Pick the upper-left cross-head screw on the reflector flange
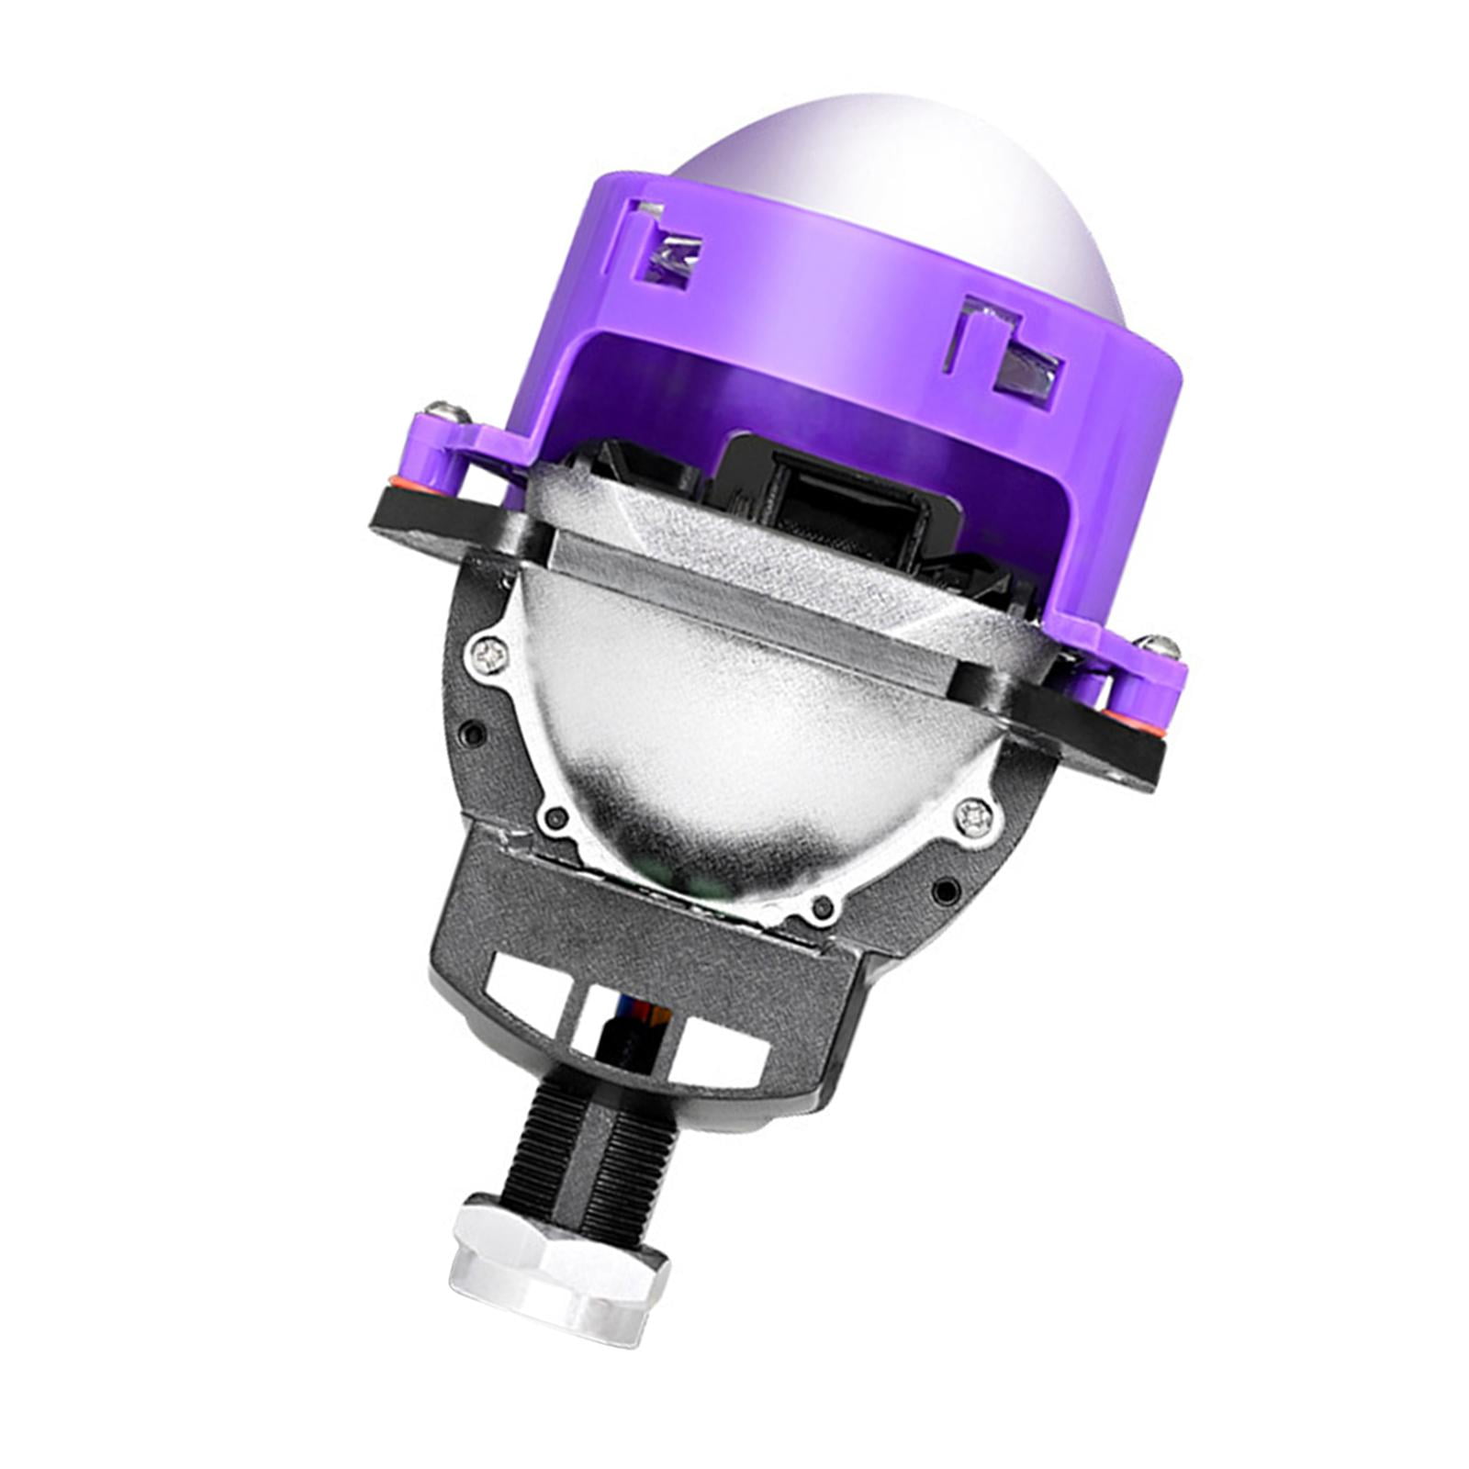click(487, 654)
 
